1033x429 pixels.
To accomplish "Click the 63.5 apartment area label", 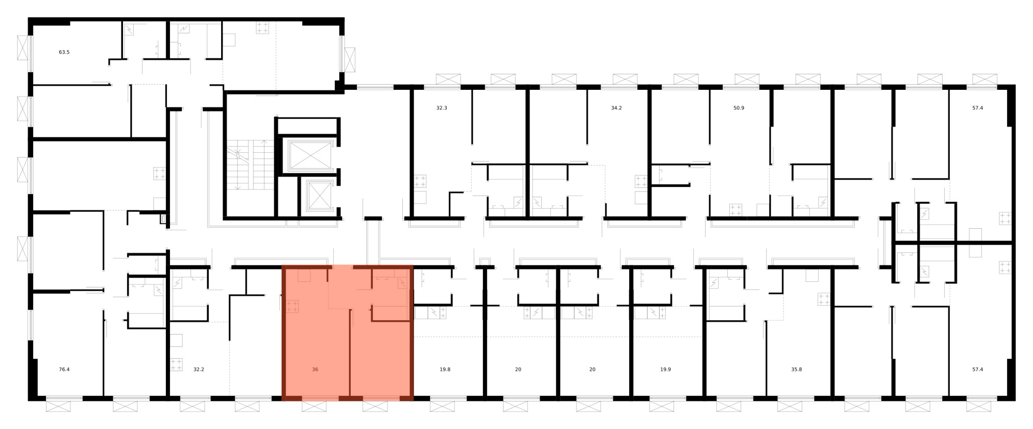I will [64, 52].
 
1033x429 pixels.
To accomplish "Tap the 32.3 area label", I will [442, 108].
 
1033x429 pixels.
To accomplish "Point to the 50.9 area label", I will [739, 108].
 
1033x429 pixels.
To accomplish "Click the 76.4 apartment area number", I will [64, 370].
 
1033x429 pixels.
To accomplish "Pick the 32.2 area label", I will [199, 370].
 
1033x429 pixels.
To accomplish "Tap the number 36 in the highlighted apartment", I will [315, 370].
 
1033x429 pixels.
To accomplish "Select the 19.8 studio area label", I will [445, 370].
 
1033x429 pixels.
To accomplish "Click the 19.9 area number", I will [665, 370].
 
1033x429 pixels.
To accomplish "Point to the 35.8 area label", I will [797, 370].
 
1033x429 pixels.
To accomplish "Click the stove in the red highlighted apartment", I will [292, 307].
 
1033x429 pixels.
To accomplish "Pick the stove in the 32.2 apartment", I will [176, 365].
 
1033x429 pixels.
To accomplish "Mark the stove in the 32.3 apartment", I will [419, 181].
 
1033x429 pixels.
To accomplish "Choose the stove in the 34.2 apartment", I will [641, 181].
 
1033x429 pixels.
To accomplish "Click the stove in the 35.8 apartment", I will [824, 299].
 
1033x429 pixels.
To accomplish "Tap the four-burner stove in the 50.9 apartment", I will [735, 210].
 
